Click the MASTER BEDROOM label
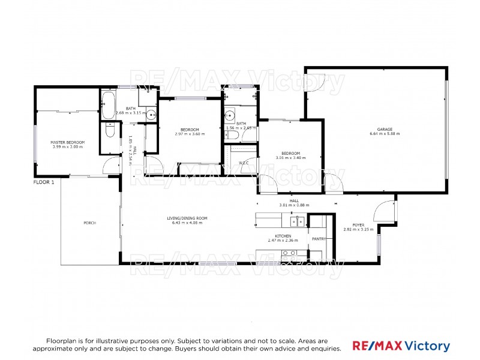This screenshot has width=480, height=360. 68,142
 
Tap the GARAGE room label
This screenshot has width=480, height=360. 385,129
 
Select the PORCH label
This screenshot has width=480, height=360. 89,223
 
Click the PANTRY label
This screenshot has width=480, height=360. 319,239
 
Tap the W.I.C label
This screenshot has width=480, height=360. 244,163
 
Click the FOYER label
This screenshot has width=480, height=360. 358,224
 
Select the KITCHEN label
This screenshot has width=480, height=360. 283,236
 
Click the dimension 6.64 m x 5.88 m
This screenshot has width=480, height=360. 385,134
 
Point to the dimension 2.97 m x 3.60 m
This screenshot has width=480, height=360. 190,134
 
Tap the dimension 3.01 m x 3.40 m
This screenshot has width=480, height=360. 290,158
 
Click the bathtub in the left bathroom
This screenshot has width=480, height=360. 109,105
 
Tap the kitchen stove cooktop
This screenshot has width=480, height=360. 289,253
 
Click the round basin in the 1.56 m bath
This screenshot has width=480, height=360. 229,116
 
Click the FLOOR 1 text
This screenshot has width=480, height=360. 44,182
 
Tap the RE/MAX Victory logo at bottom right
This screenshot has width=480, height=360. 400,346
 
